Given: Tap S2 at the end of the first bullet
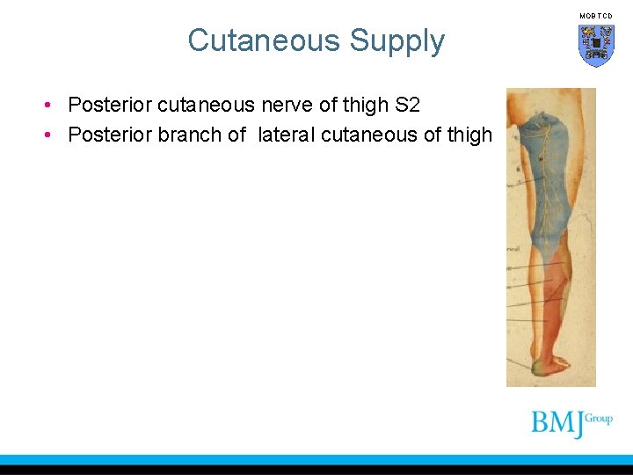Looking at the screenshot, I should [x=408, y=106].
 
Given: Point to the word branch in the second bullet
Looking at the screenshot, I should [x=188, y=135].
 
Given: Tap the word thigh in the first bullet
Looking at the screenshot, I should [x=360, y=106].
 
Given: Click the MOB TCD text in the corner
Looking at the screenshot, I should [x=595, y=16].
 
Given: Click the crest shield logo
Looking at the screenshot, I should [x=595, y=45].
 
